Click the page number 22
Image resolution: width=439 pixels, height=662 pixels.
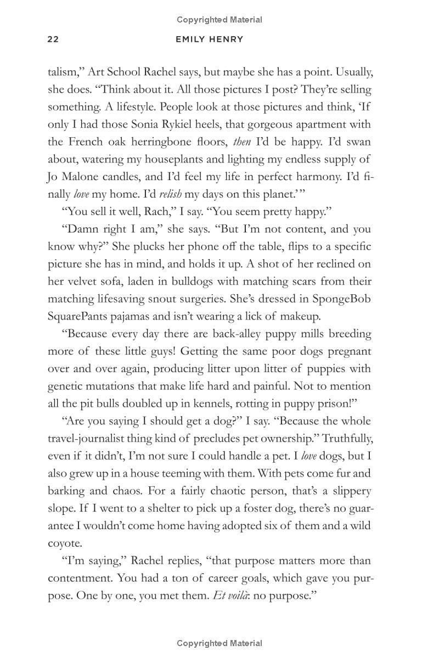pyautogui.click(x=53, y=40)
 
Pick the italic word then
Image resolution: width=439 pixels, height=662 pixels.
pyautogui.click(x=241, y=142)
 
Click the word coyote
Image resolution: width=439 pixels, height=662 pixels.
pyautogui.click(x=65, y=543)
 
